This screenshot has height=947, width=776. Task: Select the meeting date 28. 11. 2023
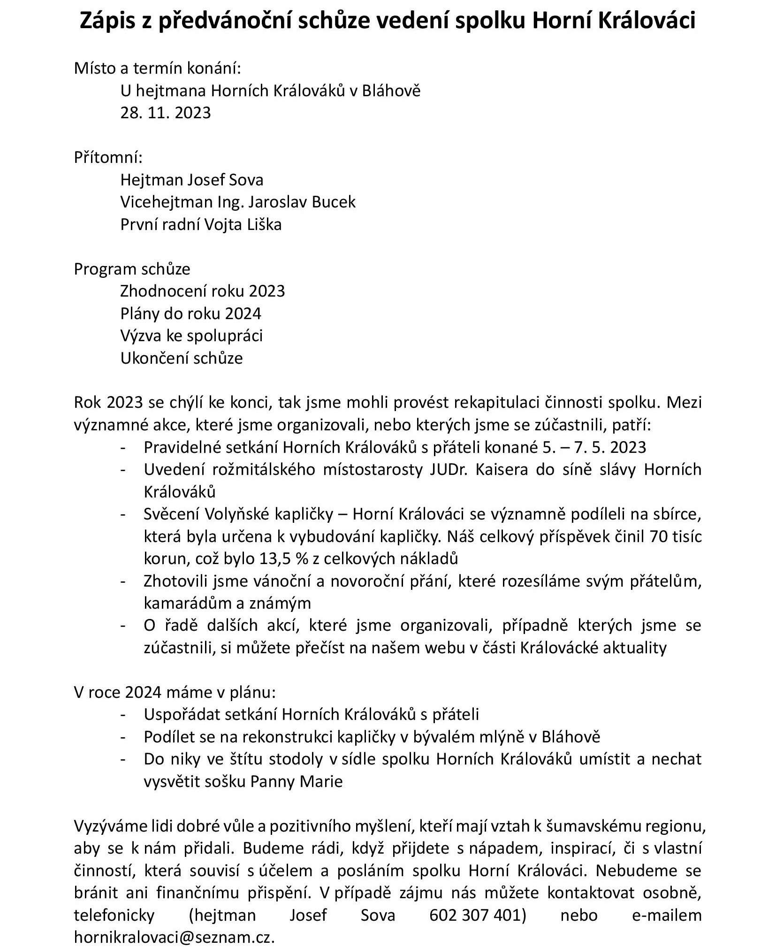165,113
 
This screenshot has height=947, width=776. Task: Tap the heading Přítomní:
108,157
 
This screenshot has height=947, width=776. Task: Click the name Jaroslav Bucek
302,202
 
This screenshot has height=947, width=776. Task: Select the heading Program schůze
132,269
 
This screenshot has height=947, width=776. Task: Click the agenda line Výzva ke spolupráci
191,336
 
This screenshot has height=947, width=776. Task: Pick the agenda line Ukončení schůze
182,358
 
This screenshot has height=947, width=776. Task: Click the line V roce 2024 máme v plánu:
175,693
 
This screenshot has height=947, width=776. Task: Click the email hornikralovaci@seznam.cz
174,938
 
